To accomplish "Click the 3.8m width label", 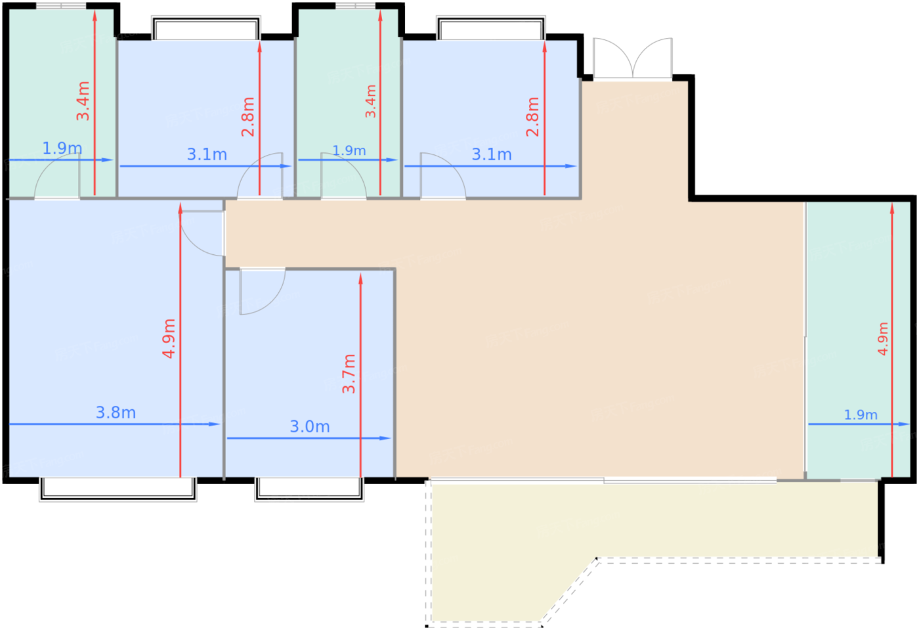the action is (x=116, y=413).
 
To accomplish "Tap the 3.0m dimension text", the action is (x=310, y=427).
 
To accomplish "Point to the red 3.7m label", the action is (x=349, y=374).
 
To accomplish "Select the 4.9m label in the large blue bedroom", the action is (x=169, y=339).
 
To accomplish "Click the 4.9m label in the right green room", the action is (x=883, y=339).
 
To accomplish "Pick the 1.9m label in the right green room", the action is (x=861, y=415).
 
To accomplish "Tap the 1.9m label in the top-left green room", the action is (x=62, y=148).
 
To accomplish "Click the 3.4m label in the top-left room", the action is (x=83, y=101).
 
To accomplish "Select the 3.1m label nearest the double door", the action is (x=492, y=155).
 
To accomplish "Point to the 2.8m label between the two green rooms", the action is (x=248, y=117).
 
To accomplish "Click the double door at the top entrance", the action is (x=633, y=58).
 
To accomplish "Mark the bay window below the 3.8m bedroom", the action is (x=118, y=489).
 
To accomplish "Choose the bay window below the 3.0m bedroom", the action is (x=309, y=489).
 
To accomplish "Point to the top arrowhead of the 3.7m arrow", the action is (x=360, y=279).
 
